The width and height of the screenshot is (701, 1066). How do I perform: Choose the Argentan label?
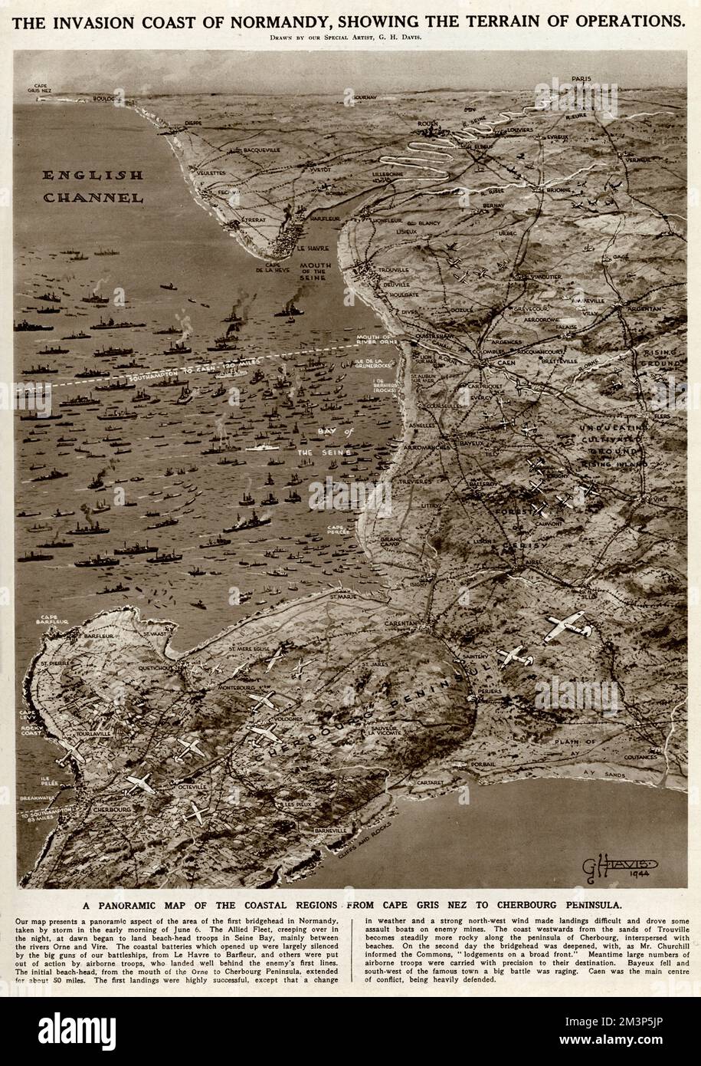pos(640,308)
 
